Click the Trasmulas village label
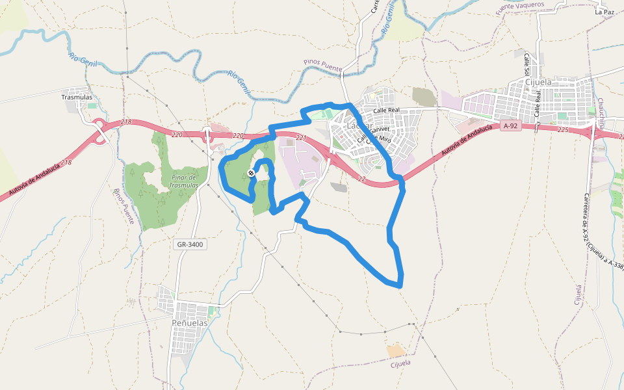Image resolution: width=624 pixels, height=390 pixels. pos(77,97)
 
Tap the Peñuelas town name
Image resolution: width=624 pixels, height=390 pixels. pos(189,322)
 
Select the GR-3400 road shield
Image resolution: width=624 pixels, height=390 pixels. pos(190,245)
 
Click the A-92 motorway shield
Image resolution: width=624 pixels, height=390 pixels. pos(510,126)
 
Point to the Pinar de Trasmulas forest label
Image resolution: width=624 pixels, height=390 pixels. pos(184,181)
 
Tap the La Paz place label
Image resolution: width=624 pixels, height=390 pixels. pos(604,12)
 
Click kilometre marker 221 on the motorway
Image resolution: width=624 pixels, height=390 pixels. pos(300,138)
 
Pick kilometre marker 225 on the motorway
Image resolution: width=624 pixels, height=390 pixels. pos(563,130)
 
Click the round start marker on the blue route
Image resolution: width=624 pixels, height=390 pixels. pos(251,173)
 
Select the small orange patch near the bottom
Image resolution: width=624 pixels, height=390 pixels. pos(395,351)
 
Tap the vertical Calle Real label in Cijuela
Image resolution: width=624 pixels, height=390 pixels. pos(538,103)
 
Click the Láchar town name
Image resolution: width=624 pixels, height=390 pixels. pos(360,125)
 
